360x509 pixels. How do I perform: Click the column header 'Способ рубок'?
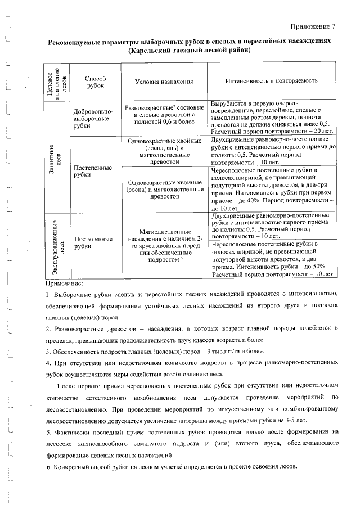[91, 81]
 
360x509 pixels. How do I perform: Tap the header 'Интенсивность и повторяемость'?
[272, 81]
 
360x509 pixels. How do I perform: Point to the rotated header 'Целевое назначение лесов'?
[56, 82]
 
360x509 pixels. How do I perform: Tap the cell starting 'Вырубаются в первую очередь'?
[272, 118]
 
